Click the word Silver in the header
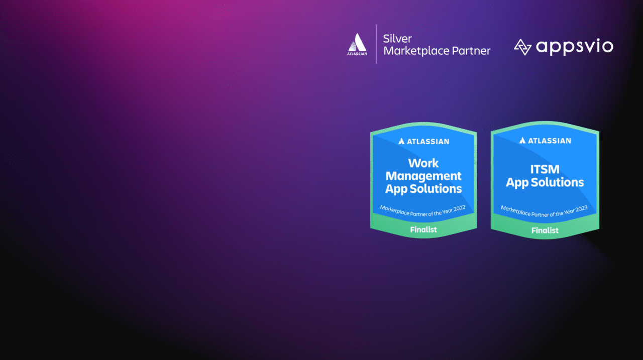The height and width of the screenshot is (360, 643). pos(397,39)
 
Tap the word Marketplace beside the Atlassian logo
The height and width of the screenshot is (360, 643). pos(416,51)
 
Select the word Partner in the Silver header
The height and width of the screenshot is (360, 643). pos(471,51)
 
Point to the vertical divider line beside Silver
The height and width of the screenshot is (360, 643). pos(376,44)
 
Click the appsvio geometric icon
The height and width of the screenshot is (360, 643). pos(522,47)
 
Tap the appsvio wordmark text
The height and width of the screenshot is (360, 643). pos(575,47)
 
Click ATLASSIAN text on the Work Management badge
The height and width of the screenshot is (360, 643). pos(428,142)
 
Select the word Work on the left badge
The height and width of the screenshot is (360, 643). pos(423,163)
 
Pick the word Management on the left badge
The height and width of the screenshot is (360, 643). pos(423,176)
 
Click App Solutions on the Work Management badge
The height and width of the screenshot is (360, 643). pos(423,189)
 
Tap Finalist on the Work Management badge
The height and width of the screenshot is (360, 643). pos(423,229)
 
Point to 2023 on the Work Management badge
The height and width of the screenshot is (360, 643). pos(460,208)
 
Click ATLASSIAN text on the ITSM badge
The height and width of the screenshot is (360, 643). pos(550,141)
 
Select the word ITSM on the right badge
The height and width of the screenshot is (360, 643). pos(545,169)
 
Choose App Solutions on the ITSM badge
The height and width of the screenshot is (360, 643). pos(545,182)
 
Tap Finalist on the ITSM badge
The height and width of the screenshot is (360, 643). pos(545,230)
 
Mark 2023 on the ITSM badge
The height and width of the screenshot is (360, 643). pos(582,209)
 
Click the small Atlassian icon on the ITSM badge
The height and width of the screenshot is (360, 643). pos(522,140)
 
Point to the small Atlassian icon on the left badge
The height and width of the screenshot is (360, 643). pos(401,141)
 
